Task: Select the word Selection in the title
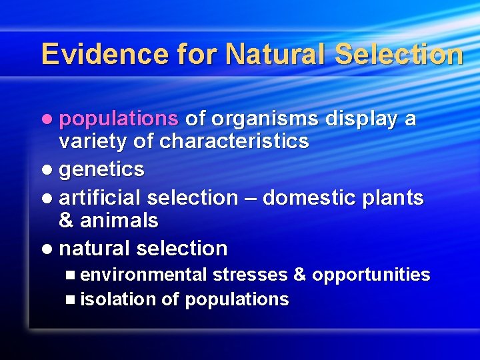[398, 54]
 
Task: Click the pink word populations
[119, 119]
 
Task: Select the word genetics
[101, 170]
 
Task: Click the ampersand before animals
[67, 220]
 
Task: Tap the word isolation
[117, 299]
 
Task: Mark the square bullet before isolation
[71, 300]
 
